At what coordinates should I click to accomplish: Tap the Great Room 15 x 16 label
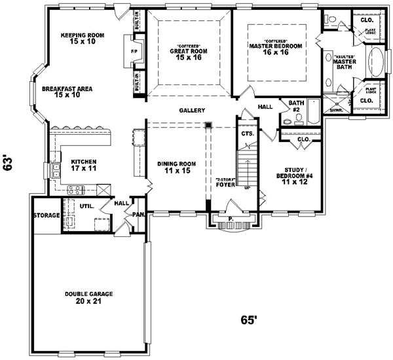(x=188, y=53)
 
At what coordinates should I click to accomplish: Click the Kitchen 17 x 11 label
(x=84, y=165)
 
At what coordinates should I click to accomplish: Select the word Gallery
(x=192, y=111)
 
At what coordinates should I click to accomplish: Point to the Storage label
(x=47, y=215)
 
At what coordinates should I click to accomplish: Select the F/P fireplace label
(x=134, y=50)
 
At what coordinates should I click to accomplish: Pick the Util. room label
(x=86, y=206)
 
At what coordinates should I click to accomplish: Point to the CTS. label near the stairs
(x=246, y=134)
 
